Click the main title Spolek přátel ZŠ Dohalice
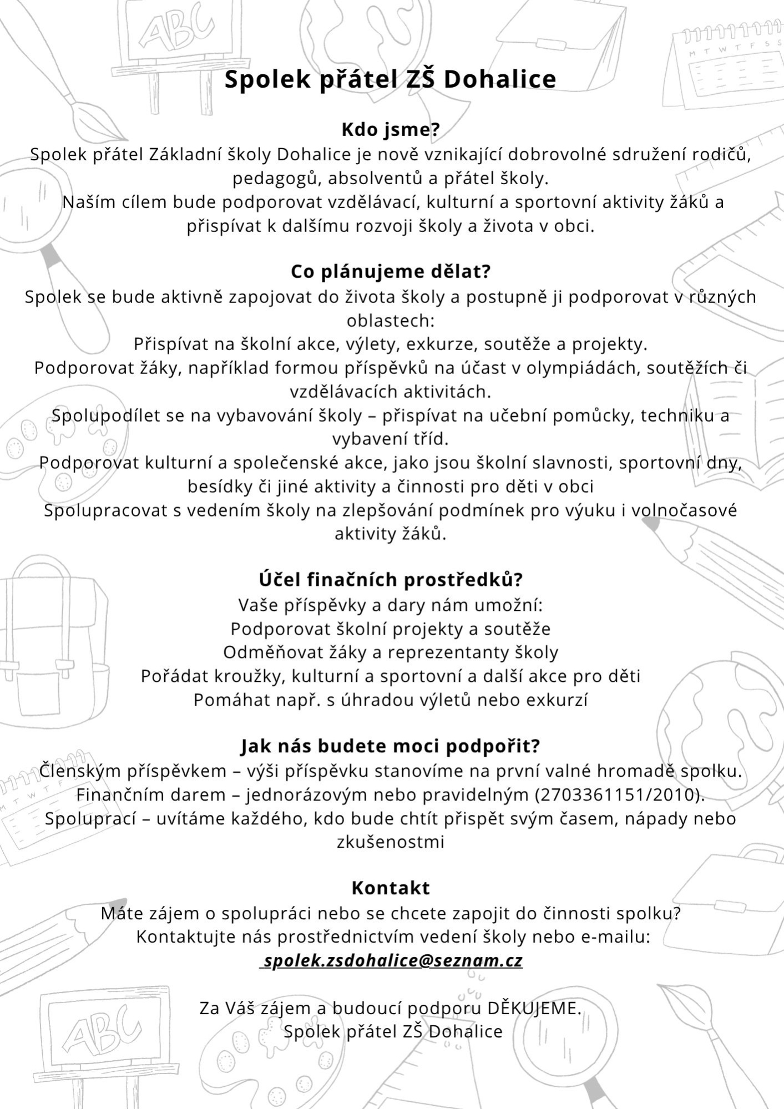[x=390, y=79]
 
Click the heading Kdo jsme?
[x=390, y=130]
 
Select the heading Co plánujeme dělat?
[x=391, y=272]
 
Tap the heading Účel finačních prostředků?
[x=391, y=580]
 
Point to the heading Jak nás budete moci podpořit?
[x=390, y=746]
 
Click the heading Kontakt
[x=391, y=888]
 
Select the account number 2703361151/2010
[x=615, y=795]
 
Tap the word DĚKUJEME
[x=534, y=1008]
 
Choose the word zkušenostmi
[x=391, y=842]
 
